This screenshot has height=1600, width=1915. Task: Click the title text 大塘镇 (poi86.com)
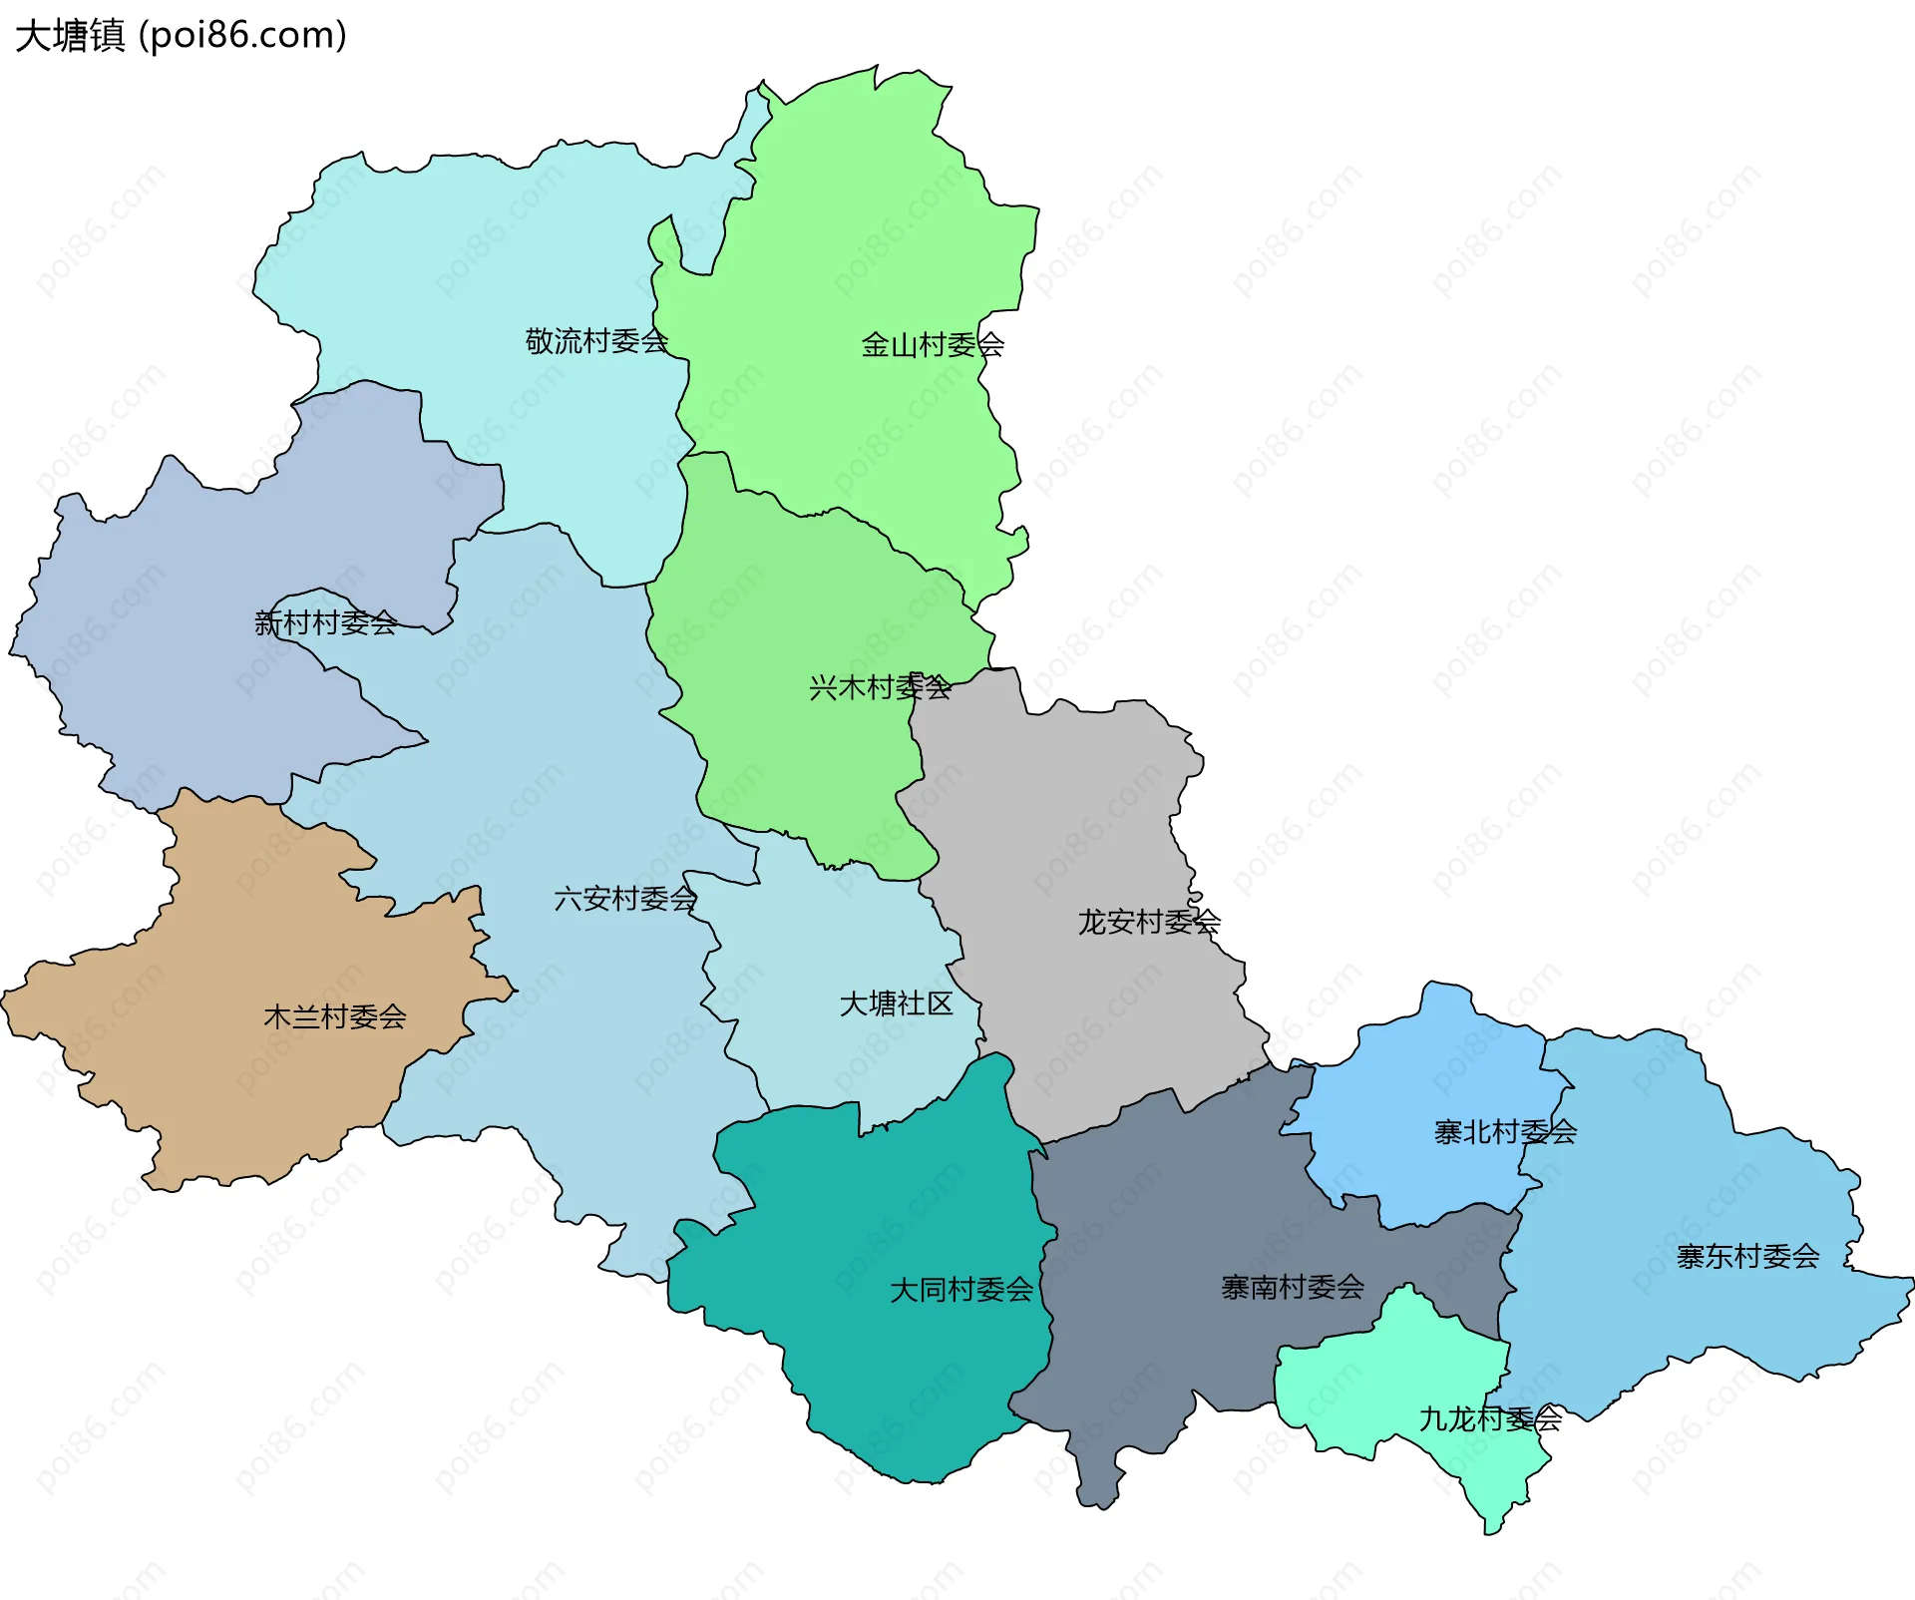181,35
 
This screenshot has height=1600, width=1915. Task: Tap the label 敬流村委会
595,341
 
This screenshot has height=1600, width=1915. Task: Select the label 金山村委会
932,345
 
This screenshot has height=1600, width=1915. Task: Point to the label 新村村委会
325,623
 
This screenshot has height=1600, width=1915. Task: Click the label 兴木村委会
879,687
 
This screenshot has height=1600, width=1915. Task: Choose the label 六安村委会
624,899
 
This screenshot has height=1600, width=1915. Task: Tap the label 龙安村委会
1148,922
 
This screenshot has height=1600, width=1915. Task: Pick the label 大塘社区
896,1003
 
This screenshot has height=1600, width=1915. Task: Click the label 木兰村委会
334,1017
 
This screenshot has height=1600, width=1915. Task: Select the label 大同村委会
960,1290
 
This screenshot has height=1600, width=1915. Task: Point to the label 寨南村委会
1292,1288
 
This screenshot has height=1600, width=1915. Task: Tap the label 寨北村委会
1504,1132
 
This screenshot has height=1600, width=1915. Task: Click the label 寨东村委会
1747,1257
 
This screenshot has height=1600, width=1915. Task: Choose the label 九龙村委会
1489,1418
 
